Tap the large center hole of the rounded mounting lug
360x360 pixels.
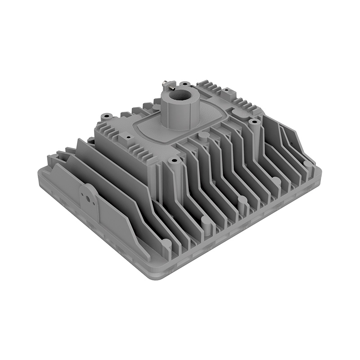(x=88, y=193)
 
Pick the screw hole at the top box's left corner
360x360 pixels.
(x=105, y=116)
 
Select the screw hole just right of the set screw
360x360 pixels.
(x=184, y=83)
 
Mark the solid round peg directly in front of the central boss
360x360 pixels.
(x=204, y=135)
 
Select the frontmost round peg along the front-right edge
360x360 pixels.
(x=167, y=243)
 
